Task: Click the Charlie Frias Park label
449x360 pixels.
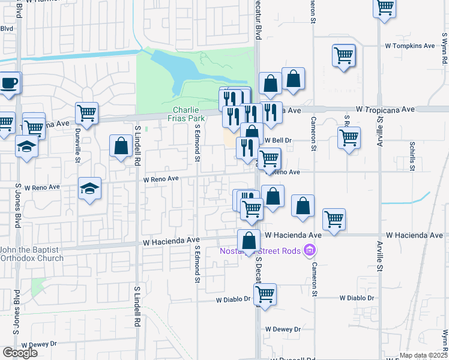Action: coord(189,114)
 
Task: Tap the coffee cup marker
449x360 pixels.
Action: coord(9,83)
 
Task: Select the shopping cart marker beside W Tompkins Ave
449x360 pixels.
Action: coord(343,56)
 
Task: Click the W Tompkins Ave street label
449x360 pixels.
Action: coord(413,46)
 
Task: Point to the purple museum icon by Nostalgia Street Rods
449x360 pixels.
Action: coord(310,250)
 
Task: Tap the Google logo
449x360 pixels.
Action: coord(20,352)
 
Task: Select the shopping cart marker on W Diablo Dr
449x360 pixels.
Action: coord(265,295)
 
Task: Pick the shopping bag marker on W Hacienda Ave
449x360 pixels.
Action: coord(249,241)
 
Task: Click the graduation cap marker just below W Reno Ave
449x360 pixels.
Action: coord(89,190)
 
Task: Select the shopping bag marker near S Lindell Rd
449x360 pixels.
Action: coord(121,146)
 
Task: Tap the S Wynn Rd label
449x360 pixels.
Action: coord(445,53)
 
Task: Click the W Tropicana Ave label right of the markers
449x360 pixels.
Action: coord(385,110)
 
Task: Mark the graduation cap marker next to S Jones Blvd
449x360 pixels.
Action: coord(26,146)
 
